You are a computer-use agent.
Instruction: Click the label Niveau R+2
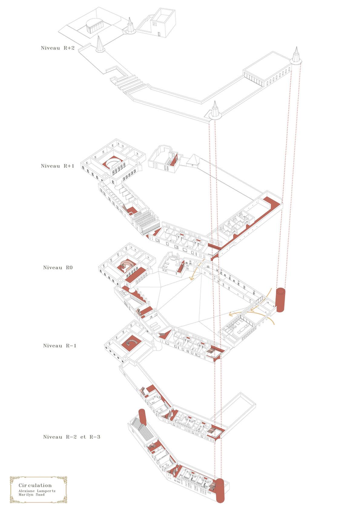[x=58, y=48]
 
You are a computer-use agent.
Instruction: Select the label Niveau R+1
[x=58, y=166]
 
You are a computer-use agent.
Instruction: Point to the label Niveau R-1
[x=60, y=345]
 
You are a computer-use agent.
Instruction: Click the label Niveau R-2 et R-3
[x=71, y=437]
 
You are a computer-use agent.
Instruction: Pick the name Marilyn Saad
[x=31, y=495]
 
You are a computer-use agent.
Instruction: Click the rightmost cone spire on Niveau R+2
[x=296, y=55]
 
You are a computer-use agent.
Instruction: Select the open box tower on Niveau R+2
[x=163, y=23]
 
